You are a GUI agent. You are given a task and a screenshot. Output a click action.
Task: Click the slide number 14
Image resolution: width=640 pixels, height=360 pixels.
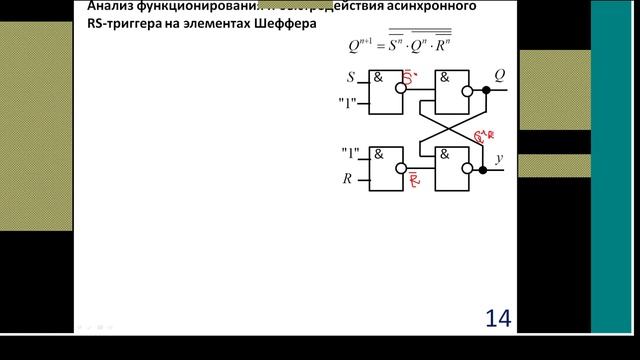click(498, 318)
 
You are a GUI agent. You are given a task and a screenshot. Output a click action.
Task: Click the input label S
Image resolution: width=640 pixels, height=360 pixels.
click(350, 77)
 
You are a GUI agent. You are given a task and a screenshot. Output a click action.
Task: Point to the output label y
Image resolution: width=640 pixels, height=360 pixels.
click(499, 157)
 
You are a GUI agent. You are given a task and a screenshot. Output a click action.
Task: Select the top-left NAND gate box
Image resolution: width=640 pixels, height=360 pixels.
click(383, 88)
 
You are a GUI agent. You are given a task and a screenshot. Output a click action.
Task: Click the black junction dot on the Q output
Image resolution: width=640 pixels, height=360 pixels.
click(485, 89)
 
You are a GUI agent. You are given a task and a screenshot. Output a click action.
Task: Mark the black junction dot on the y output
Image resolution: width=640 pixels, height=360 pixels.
click(485, 170)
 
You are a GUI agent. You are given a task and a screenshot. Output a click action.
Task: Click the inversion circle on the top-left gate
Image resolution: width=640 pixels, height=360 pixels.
click(401, 88)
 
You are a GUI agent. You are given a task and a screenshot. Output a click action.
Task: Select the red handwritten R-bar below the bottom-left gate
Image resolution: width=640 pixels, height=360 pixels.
click(413, 182)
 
